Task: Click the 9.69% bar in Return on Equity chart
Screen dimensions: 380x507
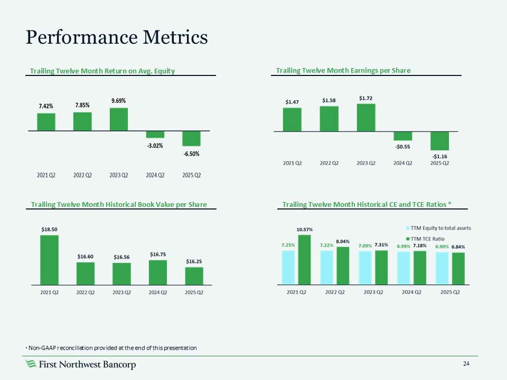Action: point(118,119)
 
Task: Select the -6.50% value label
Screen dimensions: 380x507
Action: point(191,154)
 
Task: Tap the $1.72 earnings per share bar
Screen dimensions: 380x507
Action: point(366,118)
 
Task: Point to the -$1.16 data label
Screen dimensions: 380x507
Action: point(439,155)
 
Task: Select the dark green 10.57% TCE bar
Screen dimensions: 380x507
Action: point(304,259)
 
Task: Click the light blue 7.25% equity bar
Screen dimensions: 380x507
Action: point(288,267)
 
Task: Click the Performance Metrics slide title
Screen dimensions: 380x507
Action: point(117,37)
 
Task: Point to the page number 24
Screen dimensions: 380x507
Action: point(466,364)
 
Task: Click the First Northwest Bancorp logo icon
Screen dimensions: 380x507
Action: point(32,365)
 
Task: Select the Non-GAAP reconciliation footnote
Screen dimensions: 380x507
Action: point(112,348)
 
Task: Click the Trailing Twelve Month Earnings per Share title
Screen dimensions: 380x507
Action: point(343,70)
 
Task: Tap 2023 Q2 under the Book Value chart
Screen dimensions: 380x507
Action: point(121,292)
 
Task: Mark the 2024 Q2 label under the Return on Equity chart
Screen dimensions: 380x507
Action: point(155,175)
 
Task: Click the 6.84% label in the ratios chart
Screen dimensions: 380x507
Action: point(458,247)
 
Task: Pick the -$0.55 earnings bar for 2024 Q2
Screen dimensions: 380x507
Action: point(403,136)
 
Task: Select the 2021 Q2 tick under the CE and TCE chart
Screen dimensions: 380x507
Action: point(296,292)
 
